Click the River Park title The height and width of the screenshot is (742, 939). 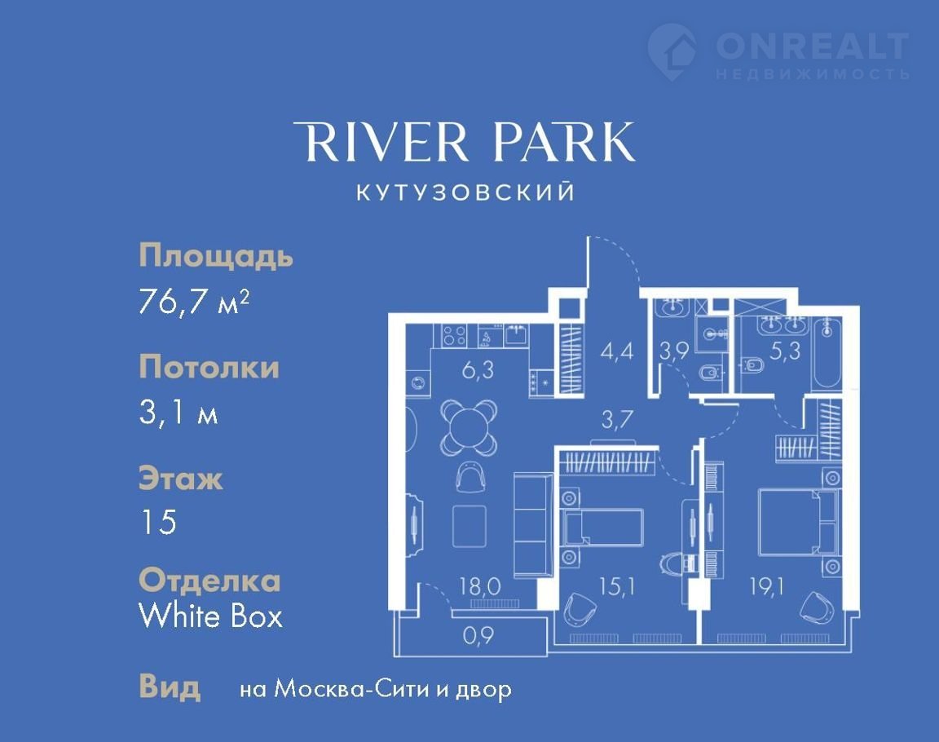[464, 141]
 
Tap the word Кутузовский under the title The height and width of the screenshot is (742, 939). [465, 192]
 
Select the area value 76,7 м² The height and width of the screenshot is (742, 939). [193, 301]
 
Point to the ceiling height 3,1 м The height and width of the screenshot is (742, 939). [178, 412]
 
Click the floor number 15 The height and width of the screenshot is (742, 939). [158, 522]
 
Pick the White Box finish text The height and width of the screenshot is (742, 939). [210, 616]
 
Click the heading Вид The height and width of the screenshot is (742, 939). [170, 687]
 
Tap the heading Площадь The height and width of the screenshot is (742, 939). [215, 256]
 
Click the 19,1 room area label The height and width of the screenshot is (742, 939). [767, 587]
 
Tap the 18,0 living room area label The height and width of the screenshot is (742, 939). [479, 585]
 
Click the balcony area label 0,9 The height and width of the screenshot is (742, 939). [479, 635]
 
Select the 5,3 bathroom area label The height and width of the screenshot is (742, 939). [785, 351]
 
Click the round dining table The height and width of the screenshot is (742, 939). [469, 427]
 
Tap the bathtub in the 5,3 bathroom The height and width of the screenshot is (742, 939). [827, 356]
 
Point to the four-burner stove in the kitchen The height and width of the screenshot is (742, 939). [454, 335]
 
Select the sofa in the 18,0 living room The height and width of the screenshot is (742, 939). [533, 524]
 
